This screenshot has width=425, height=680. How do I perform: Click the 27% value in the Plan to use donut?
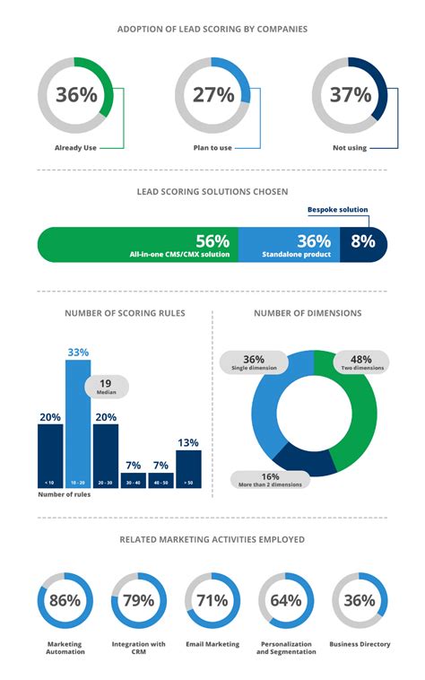coord(213,95)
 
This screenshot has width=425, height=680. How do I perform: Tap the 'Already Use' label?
coord(75,148)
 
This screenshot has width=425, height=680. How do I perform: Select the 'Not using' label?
coord(349,148)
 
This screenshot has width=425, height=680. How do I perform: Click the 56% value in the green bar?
coord(212,240)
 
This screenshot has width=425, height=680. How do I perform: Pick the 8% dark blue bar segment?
coord(365,241)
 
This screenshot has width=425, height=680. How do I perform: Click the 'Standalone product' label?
coord(299,256)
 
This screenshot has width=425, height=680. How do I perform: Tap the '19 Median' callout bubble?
coord(107,387)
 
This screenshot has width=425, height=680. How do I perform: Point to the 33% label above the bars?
coord(78,353)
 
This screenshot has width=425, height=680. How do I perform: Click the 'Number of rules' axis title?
coord(62,495)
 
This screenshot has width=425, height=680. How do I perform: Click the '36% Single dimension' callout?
coord(255,362)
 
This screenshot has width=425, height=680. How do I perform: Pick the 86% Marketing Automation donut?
coord(65,600)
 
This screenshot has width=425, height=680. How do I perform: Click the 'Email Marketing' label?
coord(212,644)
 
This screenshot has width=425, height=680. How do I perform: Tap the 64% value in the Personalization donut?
coord(285,600)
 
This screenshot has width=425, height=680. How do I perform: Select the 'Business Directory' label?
coord(360,644)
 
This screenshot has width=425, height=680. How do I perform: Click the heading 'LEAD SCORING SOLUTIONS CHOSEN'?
coord(212,191)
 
